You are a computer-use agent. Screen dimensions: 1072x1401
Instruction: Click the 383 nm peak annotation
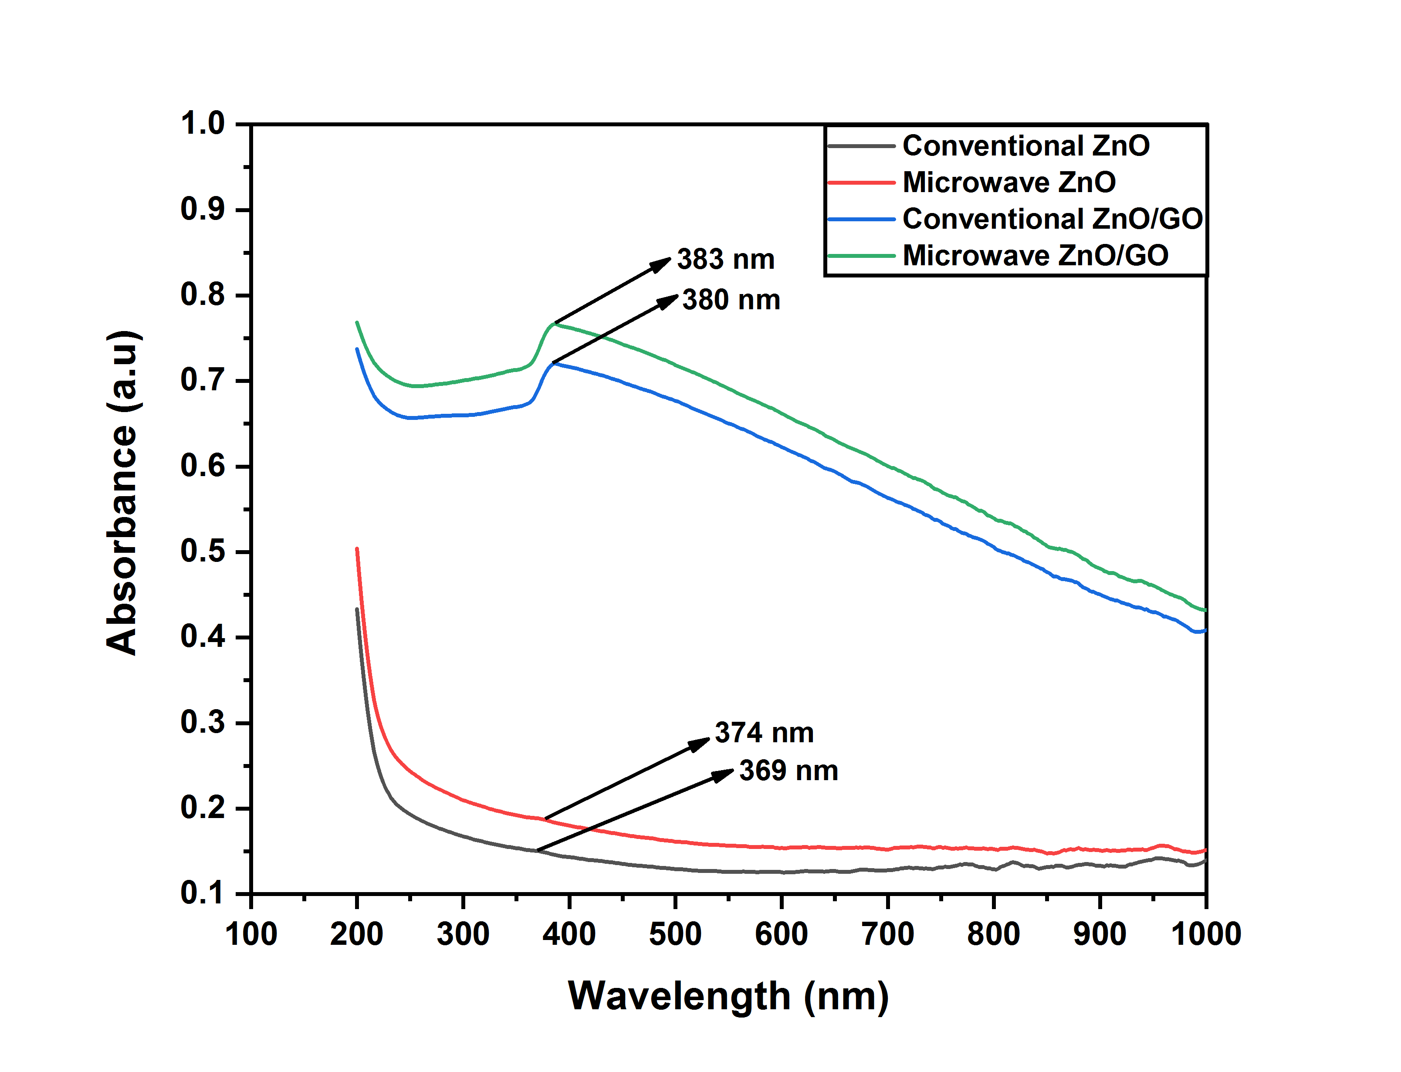725,260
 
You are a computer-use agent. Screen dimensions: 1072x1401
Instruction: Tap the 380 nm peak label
731,300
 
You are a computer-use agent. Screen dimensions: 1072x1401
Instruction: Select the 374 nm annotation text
764,733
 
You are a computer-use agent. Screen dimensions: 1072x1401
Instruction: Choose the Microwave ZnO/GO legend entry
1035,255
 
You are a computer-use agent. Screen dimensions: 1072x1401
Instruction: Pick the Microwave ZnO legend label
1008,183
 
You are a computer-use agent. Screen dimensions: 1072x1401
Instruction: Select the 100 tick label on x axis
251,934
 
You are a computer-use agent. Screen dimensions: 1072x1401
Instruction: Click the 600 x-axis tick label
781,934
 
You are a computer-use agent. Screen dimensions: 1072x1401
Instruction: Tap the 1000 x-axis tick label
1206,934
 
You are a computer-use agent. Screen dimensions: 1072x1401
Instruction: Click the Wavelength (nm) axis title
728,996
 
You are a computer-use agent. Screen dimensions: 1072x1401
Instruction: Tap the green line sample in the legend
861,256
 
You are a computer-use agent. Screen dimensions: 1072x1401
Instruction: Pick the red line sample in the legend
861,183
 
